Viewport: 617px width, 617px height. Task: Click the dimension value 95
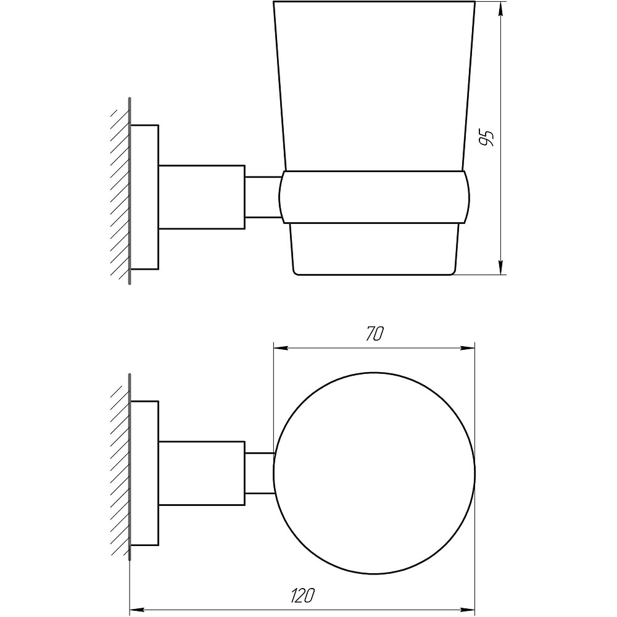487,138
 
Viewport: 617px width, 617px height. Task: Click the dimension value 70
375,334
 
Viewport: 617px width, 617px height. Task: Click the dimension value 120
302,596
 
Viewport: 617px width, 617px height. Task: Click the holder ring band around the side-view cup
374,196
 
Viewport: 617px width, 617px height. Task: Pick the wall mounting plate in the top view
145,473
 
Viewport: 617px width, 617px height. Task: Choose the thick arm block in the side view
202,197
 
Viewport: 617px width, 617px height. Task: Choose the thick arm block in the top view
202,473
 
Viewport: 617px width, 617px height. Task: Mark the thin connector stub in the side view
262,197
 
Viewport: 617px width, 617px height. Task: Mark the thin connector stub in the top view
259,473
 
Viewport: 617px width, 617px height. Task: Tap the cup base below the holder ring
374,247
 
